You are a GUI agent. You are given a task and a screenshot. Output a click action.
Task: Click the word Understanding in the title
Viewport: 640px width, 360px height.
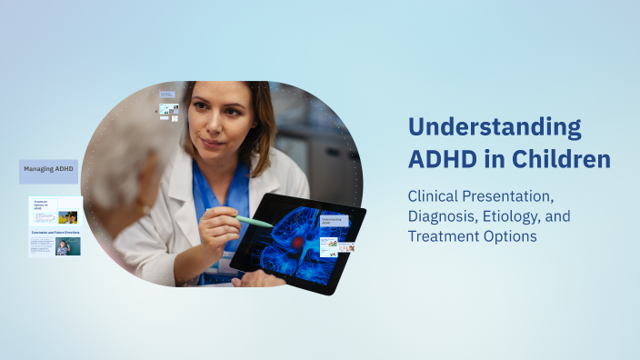point(494,127)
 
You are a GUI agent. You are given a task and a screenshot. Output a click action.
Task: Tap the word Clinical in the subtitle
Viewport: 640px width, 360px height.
point(435,196)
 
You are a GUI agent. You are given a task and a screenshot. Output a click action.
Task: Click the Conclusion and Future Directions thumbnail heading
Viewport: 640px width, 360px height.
point(55,232)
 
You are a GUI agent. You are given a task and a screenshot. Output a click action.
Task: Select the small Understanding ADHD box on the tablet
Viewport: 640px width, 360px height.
point(334,221)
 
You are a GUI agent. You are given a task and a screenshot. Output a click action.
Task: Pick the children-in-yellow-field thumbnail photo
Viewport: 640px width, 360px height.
point(68,217)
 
